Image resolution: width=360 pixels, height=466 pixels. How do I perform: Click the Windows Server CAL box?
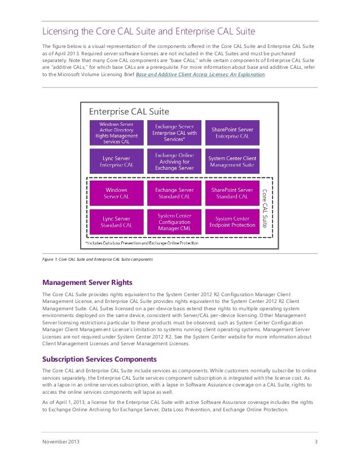(x=116, y=193)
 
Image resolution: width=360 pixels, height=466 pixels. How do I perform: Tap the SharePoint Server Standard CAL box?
(x=232, y=193)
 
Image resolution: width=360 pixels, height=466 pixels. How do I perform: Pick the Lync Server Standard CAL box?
(x=116, y=222)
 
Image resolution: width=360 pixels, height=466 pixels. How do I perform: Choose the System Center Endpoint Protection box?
(x=232, y=222)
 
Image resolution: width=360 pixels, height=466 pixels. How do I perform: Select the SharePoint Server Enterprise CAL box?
(x=232, y=133)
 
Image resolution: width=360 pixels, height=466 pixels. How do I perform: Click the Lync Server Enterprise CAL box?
(x=116, y=161)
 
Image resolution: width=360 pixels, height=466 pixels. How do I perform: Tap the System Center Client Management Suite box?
(x=232, y=161)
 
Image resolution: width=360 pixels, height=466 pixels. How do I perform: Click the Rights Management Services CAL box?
(x=116, y=133)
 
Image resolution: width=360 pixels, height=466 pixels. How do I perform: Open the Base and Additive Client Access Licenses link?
(x=201, y=74)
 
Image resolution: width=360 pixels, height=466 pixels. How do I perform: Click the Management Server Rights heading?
(x=89, y=282)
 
